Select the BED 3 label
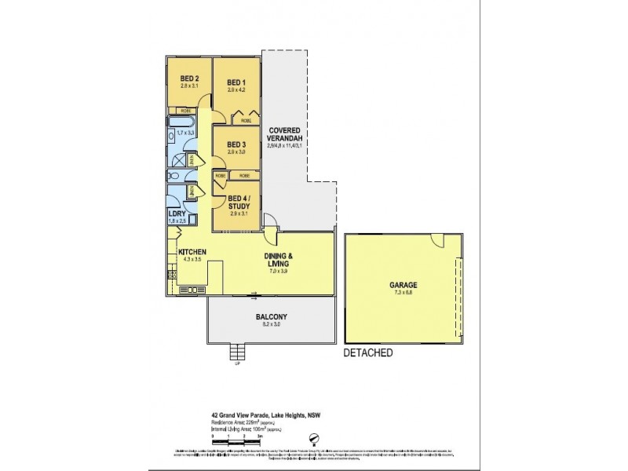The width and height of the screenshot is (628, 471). (237, 144)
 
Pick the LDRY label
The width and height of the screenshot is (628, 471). (177, 214)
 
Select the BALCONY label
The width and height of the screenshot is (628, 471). (272, 317)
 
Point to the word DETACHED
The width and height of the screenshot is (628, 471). (368, 353)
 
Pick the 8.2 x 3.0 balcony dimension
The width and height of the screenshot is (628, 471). (272, 324)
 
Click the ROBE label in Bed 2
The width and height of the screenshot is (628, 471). (186, 111)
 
